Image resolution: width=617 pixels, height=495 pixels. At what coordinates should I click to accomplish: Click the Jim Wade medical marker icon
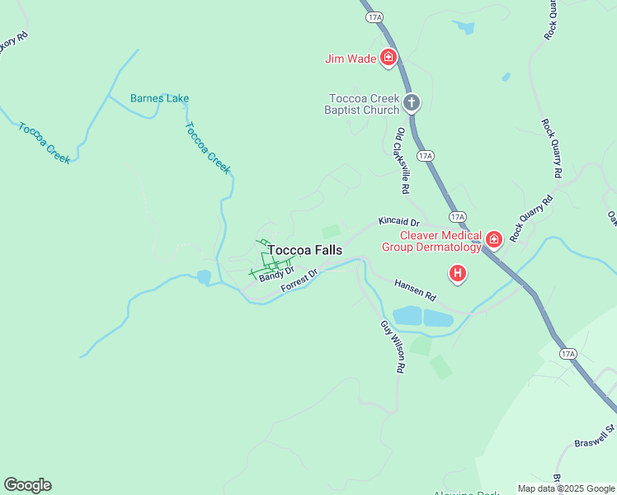389,58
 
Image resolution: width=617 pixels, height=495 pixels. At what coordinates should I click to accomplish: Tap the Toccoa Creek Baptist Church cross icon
411,103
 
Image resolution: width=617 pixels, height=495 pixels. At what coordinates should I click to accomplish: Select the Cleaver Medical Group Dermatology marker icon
493,240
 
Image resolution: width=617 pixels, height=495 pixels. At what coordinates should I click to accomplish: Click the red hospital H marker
457,273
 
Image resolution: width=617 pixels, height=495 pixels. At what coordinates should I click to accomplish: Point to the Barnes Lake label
159,98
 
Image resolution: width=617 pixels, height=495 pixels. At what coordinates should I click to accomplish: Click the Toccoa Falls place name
304,250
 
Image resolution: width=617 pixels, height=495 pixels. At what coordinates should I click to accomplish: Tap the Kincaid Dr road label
399,222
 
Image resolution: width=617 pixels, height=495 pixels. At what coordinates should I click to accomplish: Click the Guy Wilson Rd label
392,347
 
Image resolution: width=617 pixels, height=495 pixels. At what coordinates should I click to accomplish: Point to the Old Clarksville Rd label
403,161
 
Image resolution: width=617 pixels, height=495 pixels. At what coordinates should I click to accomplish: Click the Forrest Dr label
299,280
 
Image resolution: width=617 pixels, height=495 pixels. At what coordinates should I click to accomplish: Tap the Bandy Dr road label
276,273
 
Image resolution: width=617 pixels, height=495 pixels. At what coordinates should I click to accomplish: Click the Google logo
27,485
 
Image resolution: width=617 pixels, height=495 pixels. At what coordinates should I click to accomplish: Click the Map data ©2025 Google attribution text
566,488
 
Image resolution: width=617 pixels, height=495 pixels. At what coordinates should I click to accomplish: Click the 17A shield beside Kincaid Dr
458,217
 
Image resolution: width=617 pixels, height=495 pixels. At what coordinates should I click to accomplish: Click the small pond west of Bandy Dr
204,277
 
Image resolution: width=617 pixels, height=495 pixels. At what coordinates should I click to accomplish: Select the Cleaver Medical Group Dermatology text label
431,241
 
